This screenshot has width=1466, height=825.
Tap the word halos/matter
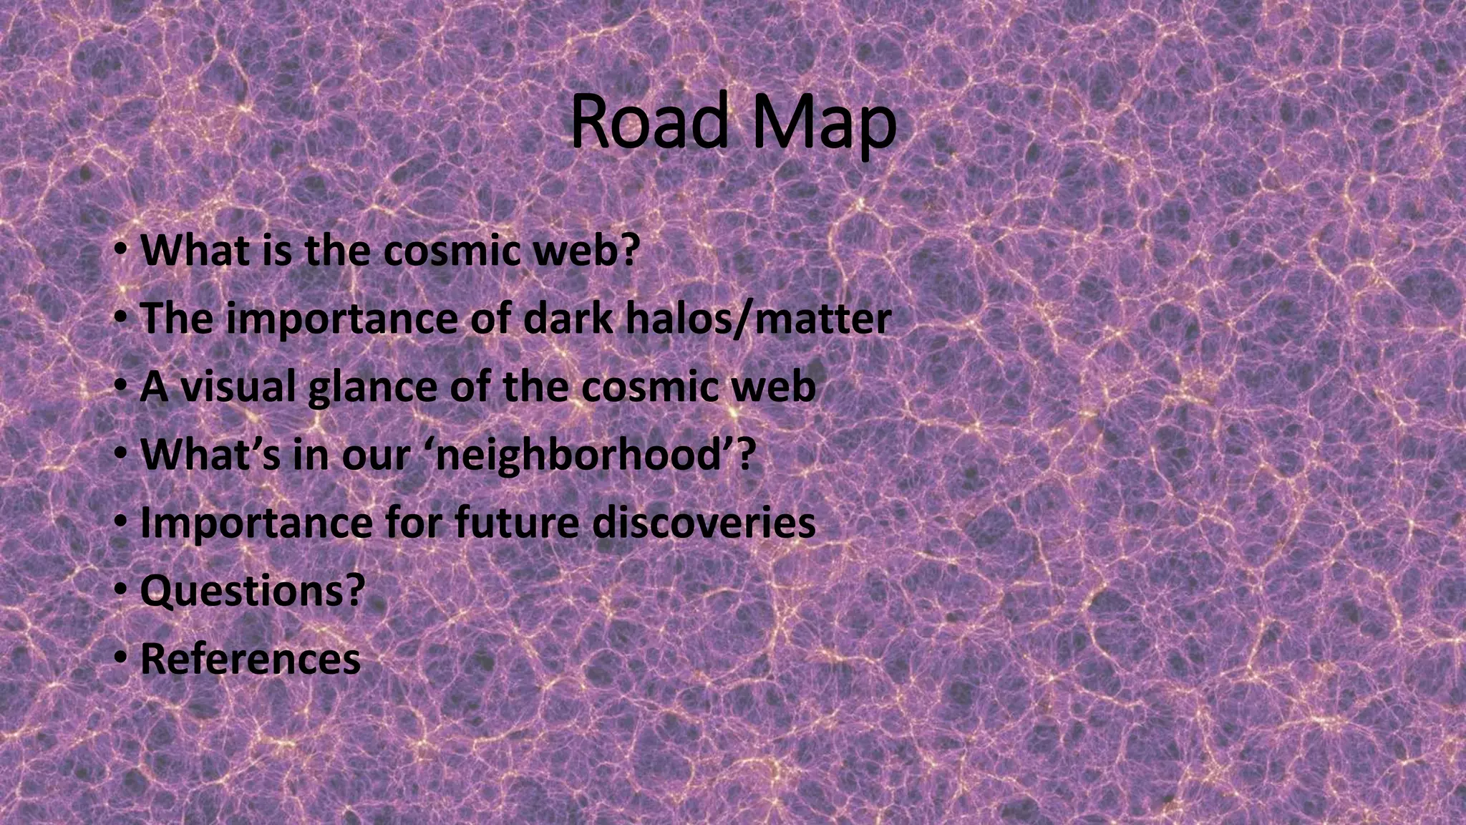point(759,319)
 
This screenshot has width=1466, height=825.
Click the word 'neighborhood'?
point(594,455)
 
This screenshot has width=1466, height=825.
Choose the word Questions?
point(253,591)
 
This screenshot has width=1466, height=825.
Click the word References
point(251,659)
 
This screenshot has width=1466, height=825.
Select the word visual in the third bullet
point(237,387)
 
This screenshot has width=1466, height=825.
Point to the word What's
point(211,455)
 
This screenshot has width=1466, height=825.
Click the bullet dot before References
point(121,657)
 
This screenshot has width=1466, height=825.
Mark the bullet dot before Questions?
point(121,589)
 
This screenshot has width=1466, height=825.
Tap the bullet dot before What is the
point(121,249)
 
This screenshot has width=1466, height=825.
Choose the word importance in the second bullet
point(341,319)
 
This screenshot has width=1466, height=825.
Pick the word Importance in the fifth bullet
point(256,523)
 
